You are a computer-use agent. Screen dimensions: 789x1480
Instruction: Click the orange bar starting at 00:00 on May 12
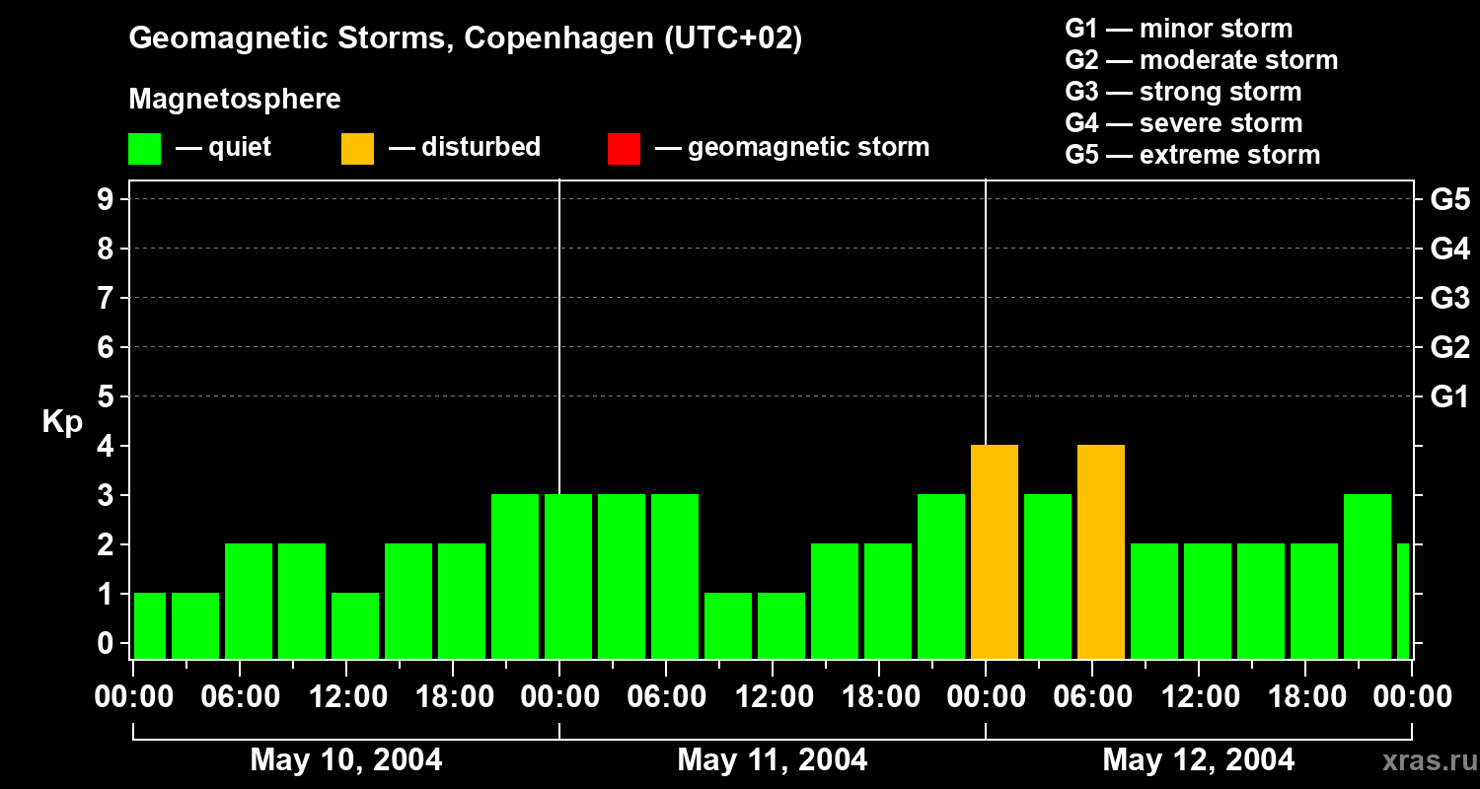[994, 552]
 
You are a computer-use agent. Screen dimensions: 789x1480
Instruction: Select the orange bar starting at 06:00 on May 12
[1100, 552]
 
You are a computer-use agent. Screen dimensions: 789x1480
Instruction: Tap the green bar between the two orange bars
[1047, 577]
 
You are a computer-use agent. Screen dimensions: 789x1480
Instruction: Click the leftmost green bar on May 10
[149, 626]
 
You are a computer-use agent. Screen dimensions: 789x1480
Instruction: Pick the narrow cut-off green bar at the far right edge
[1402, 602]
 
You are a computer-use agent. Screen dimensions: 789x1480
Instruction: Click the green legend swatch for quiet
[144, 148]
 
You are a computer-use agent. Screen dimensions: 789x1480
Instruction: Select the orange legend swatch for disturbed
[357, 148]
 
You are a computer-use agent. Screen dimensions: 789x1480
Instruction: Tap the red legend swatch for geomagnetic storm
[624, 148]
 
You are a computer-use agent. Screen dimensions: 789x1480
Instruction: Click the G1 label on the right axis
[1449, 397]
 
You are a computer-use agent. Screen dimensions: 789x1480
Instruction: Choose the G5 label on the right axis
[1449, 200]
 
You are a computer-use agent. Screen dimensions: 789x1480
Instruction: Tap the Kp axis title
[62, 422]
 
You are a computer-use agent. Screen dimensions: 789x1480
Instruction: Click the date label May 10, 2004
[346, 760]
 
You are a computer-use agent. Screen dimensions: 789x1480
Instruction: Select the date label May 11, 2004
[773, 760]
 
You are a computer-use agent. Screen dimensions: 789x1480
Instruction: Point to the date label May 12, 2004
[1198, 760]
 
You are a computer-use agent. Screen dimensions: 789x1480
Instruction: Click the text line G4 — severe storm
[1183, 123]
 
